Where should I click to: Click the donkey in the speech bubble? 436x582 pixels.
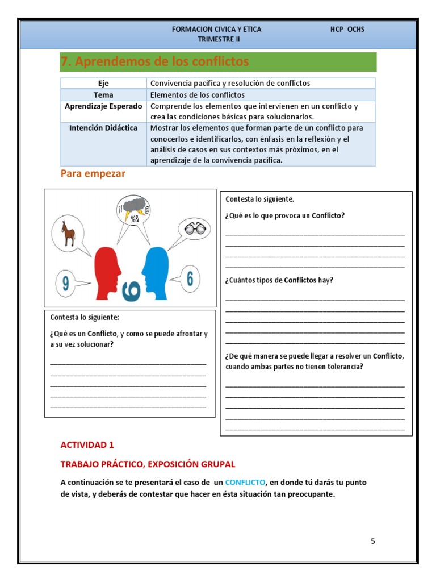pyautogui.click(x=69, y=233)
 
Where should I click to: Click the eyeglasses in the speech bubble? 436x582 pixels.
pyautogui.click(x=194, y=228)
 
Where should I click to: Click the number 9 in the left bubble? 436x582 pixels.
pyautogui.click(x=66, y=283)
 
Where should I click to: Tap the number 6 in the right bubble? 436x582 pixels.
pyautogui.click(x=190, y=278)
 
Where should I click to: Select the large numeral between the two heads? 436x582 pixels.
pyautogui.click(x=131, y=289)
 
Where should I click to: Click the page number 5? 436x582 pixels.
pyautogui.click(x=373, y=541)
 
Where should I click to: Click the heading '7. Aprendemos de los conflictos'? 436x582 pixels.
pyautogui.click(x=155, y=61)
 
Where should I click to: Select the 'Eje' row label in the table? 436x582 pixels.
pyautogui.click(x=103, y=83)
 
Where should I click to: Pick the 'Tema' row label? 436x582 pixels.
pyautogui.click(x=103, y=95)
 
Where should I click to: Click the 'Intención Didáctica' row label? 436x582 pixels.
pyautogui.click(x=103, y=128)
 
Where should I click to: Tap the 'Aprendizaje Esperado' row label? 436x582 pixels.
pyautogui.click(x=103, y=106)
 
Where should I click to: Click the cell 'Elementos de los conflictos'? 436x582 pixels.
pyautogui.click(x=197, y=95)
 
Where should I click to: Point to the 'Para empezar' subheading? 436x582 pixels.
pyautogui.click(x=93, y=174)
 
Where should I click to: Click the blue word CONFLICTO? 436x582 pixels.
pyautogui.click(x=245, y=482)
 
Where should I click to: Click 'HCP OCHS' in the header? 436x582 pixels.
pyautogui.click(x=347, y=29)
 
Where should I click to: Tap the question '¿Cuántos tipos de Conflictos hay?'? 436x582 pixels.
pyautogui.click(x=279, y=280)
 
